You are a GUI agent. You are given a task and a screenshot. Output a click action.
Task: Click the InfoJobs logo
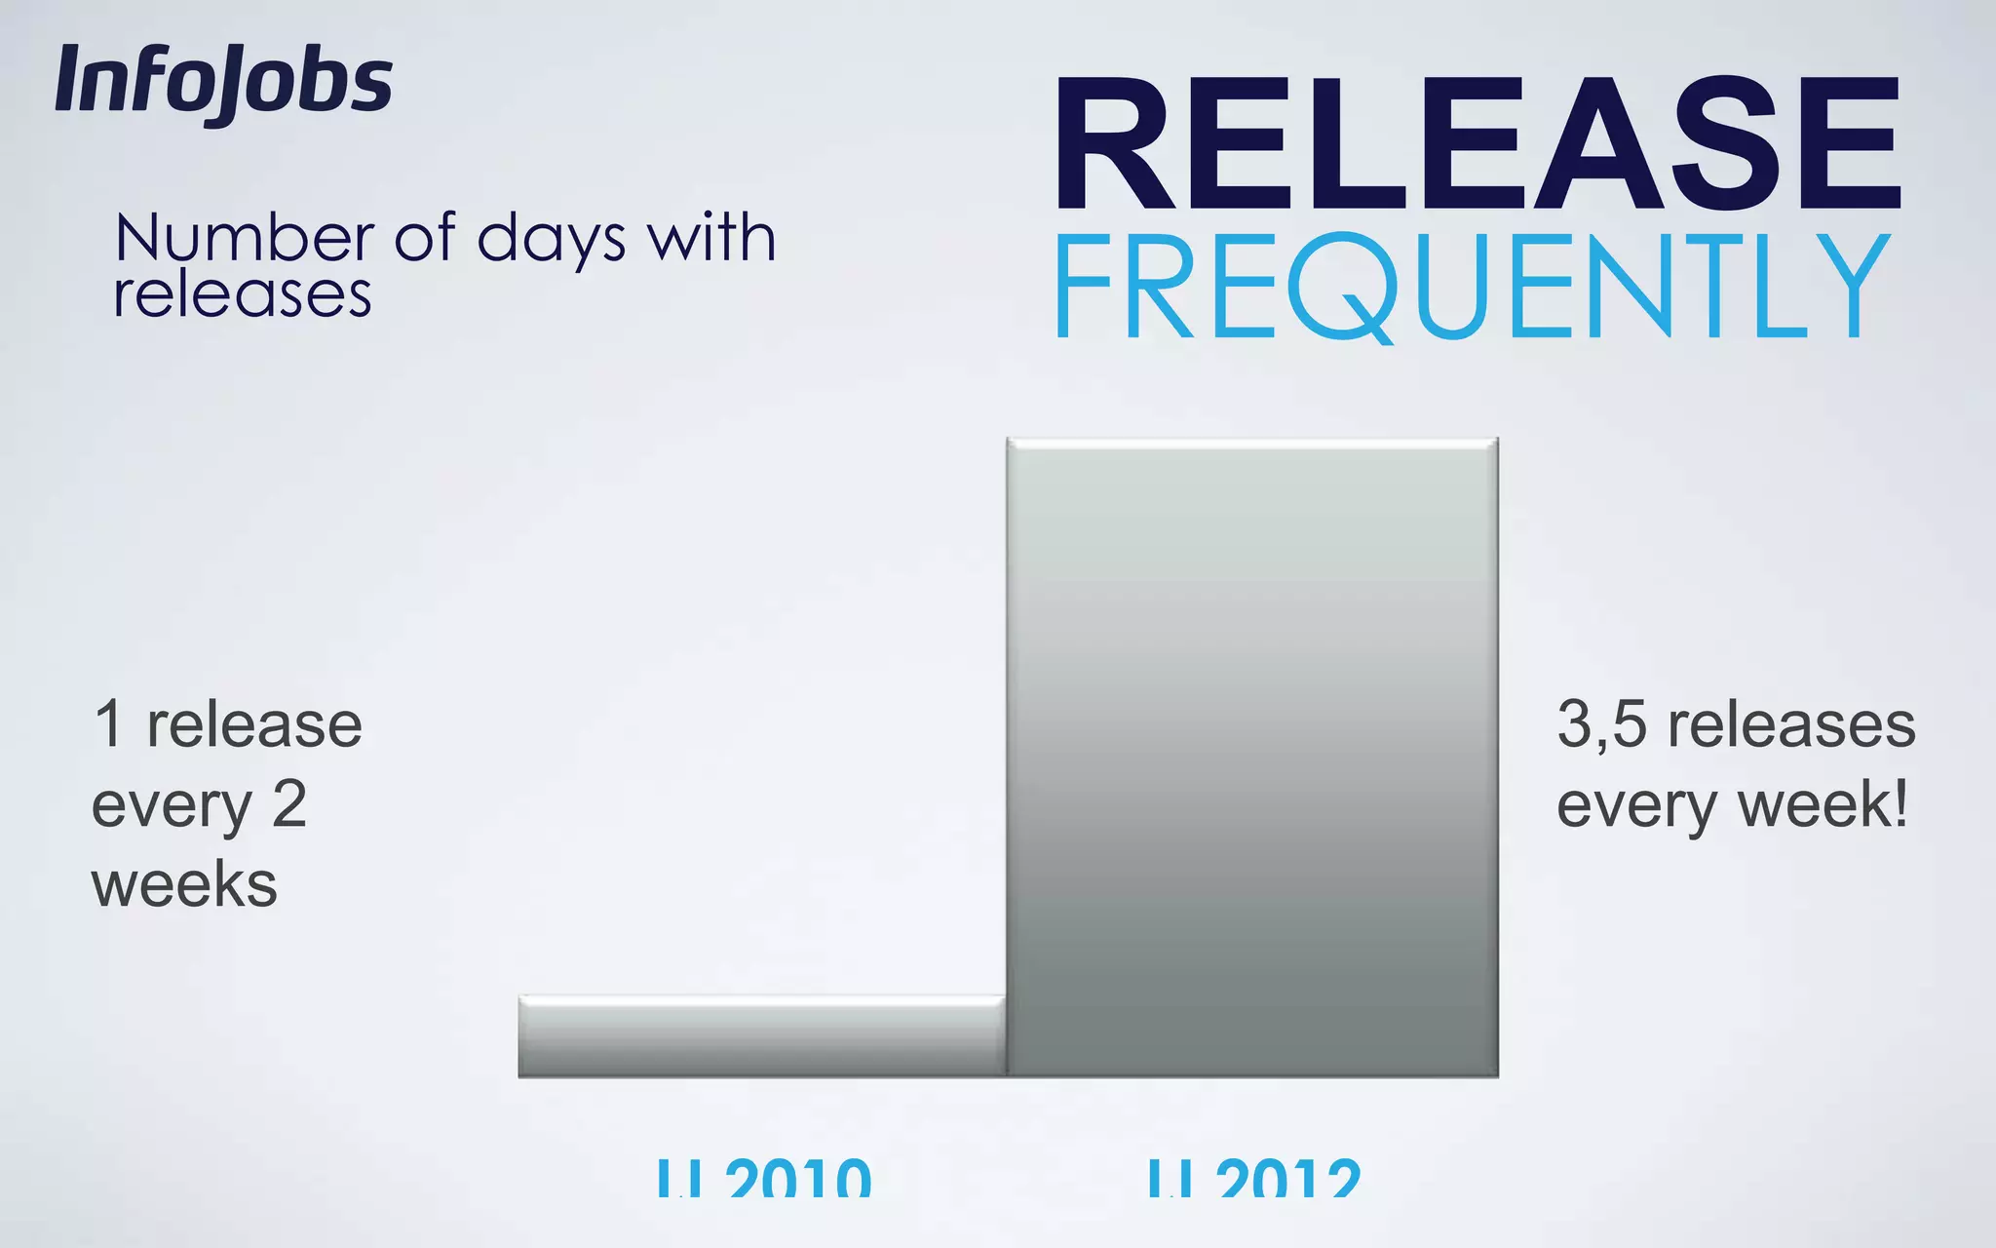tap(223, 84)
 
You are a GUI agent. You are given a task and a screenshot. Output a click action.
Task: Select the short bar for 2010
tap(761, 1036)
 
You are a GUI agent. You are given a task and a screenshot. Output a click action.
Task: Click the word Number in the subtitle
tap(244, 239)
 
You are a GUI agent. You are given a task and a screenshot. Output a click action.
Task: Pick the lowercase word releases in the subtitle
tap(243, 295)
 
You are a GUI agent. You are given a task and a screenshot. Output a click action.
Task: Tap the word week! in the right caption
tap(1823, 806)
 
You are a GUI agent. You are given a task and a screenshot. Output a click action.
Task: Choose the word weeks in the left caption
tap(184, 885)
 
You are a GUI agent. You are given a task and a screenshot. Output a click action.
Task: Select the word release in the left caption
tap(254, 726)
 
